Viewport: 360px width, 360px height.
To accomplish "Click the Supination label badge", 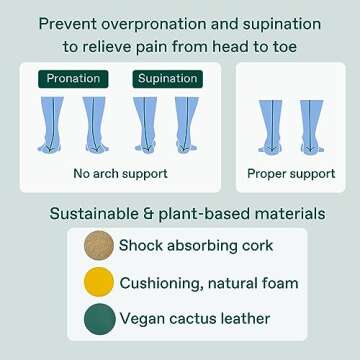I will tap(165, 77).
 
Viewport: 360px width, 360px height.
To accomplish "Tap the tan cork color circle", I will tap(99, 246).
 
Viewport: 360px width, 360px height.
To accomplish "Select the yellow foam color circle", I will tap(99, 284).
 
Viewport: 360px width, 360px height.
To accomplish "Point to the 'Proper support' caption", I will tap(292, 174).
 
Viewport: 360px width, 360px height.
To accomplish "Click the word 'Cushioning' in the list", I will tap(160, 284).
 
